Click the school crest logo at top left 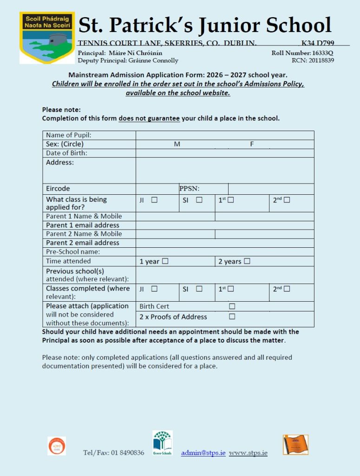(x=47, y=38)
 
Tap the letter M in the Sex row (x=177, y=144)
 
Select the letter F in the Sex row (x=252, y=144)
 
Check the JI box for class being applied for (x=154, y=200)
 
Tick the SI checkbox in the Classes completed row (x=199, y=289)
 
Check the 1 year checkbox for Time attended (x=165, y=261)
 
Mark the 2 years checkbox (x=247, y=261)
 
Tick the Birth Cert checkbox (x=232, y=306)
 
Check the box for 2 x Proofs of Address (x=232, y=317)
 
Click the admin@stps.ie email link (x=203, y=453)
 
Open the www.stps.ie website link (x=248, y=453)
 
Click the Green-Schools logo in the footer (x=163, y=443)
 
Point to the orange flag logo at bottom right (x=295, y=444)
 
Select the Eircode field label (x=58, y=189)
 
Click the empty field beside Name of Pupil (x=225, y=135)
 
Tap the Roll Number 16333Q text (x=302, y=53)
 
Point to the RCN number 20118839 (x=313, y=60)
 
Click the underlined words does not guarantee (x=149, y=118)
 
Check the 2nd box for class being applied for (x=287, y=200)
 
